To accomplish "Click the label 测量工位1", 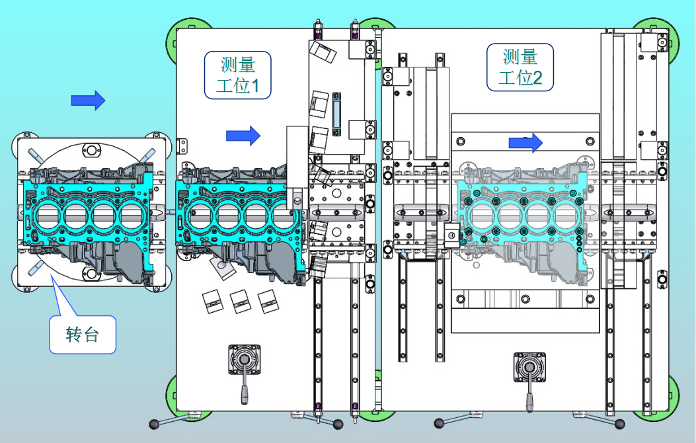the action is pos(237,75).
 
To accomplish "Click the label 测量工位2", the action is pos(520,67).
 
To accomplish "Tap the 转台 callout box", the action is pos(83,335).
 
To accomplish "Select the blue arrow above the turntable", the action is pos(88,101).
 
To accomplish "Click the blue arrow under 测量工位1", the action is pos(243,136).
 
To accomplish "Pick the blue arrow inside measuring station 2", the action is pos(525,143).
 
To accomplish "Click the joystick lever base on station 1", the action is pos(244,359).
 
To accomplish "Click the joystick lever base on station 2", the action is pos(529,367).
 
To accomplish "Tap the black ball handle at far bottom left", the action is pos(154,424).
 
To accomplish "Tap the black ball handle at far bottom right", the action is pos(619,424).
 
